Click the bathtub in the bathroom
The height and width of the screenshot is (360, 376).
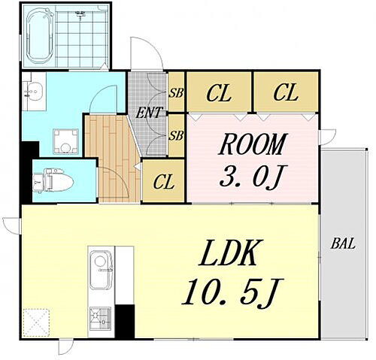(40, 35)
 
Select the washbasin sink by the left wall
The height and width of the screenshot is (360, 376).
(34, 92)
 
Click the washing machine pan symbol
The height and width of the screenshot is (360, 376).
(65, 141)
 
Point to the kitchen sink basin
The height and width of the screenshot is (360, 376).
(99, 269)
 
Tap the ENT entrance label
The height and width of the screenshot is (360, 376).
(148, 113)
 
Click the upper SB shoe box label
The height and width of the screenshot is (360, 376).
(177, 93)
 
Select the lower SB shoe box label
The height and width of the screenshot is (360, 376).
(176, 136)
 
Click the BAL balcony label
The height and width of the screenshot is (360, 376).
(343, 244)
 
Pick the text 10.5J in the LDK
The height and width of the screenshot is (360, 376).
(232, 292)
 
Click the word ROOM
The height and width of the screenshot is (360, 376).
(253, 144)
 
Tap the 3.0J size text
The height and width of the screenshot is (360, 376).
(253, 176)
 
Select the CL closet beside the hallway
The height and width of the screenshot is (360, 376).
(163, 182)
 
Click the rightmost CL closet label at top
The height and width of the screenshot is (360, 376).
(286, 93)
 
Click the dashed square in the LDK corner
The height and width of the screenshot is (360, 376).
(36, 322)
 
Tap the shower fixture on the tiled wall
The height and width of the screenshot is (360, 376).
(80, 14)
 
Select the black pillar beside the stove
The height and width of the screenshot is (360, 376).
(125, 321)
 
